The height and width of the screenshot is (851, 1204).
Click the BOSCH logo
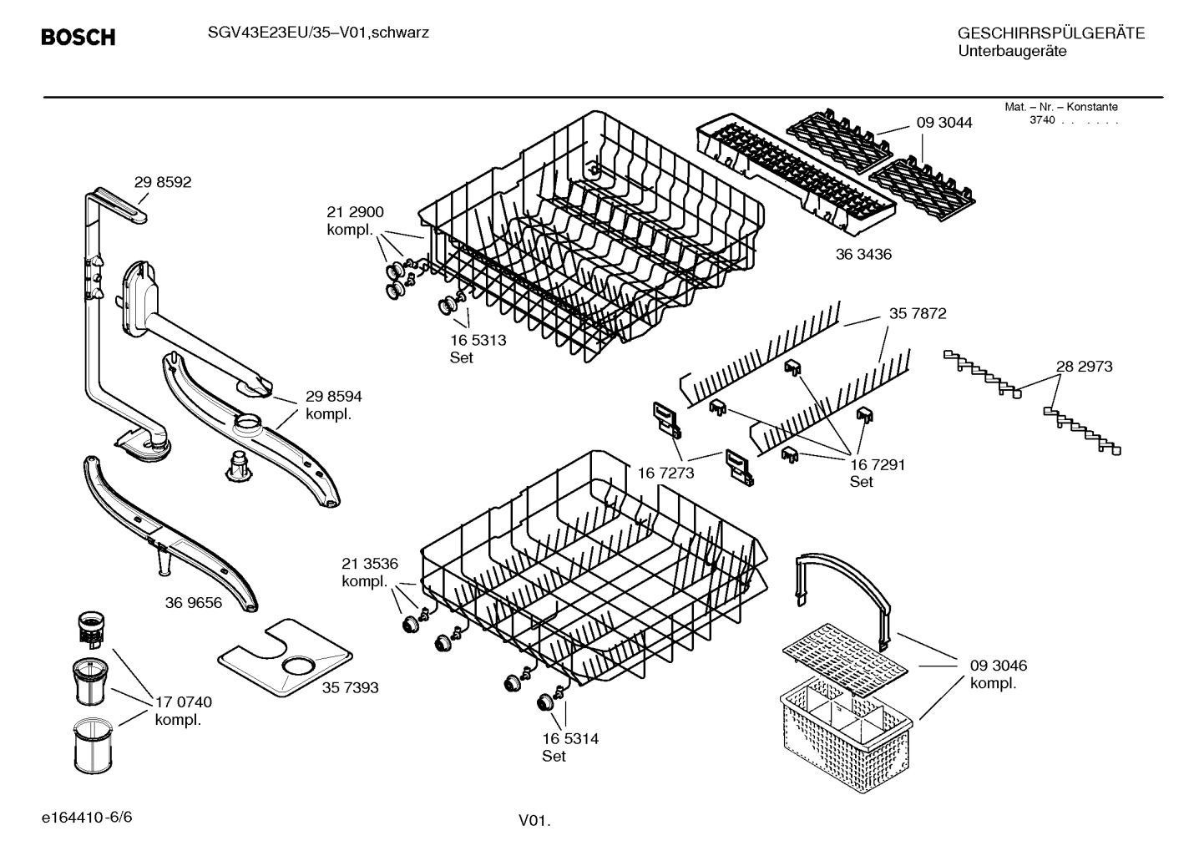[78, 38]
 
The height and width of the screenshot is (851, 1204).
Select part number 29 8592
[163, 182]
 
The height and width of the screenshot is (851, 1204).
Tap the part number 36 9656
[194, 602]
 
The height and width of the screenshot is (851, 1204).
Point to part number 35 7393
[350, 687]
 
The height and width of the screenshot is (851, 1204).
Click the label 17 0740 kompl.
[184, 711]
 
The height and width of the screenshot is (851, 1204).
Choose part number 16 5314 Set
[570, 747]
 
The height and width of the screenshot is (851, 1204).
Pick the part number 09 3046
[999, 666]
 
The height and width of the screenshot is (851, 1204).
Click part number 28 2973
[1084, 366]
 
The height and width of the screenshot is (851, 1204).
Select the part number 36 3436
[863, 254]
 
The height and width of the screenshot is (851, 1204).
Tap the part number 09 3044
[944, 123]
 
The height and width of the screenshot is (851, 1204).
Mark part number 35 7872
[918, 313]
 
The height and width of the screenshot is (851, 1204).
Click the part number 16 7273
[665, 474]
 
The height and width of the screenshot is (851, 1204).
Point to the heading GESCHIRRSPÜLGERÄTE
[1051, 33]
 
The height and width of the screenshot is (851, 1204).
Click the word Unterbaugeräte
[1012, 52]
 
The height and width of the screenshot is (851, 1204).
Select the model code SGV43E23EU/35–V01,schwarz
[318, 33]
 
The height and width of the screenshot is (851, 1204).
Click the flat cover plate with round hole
[284, 659]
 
